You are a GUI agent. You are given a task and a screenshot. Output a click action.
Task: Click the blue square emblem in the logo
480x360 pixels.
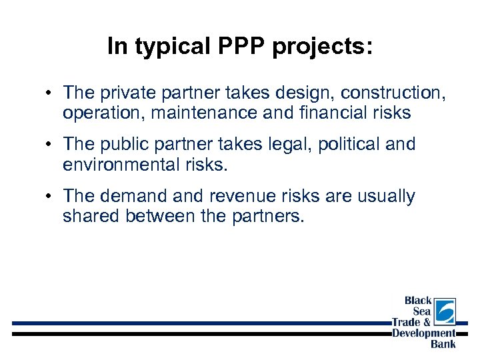click(x=445, y=311)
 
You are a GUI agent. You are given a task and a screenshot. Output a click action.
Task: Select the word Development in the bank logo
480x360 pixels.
click(x=424, y=333)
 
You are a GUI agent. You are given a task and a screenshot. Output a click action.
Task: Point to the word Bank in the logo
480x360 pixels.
click(x=443, y=344)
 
